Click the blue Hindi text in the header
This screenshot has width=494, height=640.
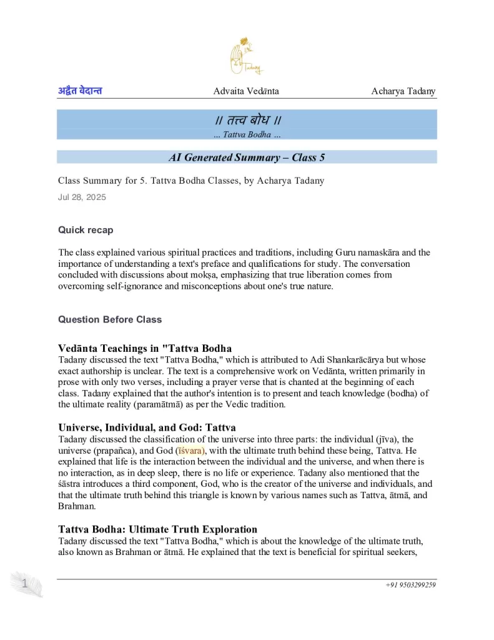pos(80,91)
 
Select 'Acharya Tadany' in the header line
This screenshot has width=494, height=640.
pos(403,91)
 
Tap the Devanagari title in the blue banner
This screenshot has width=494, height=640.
pos(247,120)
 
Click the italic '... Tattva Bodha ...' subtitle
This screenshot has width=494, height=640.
pos(247,134)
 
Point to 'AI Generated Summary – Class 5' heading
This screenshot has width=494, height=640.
pos(247,157)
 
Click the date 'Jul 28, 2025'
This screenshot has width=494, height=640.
pos(82,197)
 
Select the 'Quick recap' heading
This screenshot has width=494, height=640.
pos(86,230)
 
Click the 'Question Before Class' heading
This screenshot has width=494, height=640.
pos(110,319)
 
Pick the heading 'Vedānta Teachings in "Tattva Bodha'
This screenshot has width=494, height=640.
pos(145,348)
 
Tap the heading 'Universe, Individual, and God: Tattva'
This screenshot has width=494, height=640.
pos(147,427)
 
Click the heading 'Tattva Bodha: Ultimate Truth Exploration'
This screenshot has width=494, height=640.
pos(157,529)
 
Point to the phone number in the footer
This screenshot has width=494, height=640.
pos(410,585)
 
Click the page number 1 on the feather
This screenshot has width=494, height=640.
pos(24,584)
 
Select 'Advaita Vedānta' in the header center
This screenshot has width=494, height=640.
pos(246,91)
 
